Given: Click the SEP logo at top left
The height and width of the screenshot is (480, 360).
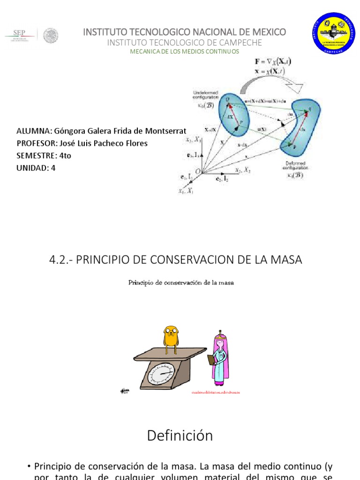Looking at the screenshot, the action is click(x=19, y=34).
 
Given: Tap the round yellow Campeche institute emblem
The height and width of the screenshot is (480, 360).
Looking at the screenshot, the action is click(x=334, y=33).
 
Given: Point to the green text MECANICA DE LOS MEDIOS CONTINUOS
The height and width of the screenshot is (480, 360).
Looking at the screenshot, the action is click(x=184, y=51).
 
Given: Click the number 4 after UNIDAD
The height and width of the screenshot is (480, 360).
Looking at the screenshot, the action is click(x=53, y=167).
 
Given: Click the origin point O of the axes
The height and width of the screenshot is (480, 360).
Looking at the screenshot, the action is click(x=197, y=172).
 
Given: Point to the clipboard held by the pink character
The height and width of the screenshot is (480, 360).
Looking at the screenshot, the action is click(x=211, y=360).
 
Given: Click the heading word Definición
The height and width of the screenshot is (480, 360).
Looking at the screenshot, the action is click(x=180, y=435).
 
